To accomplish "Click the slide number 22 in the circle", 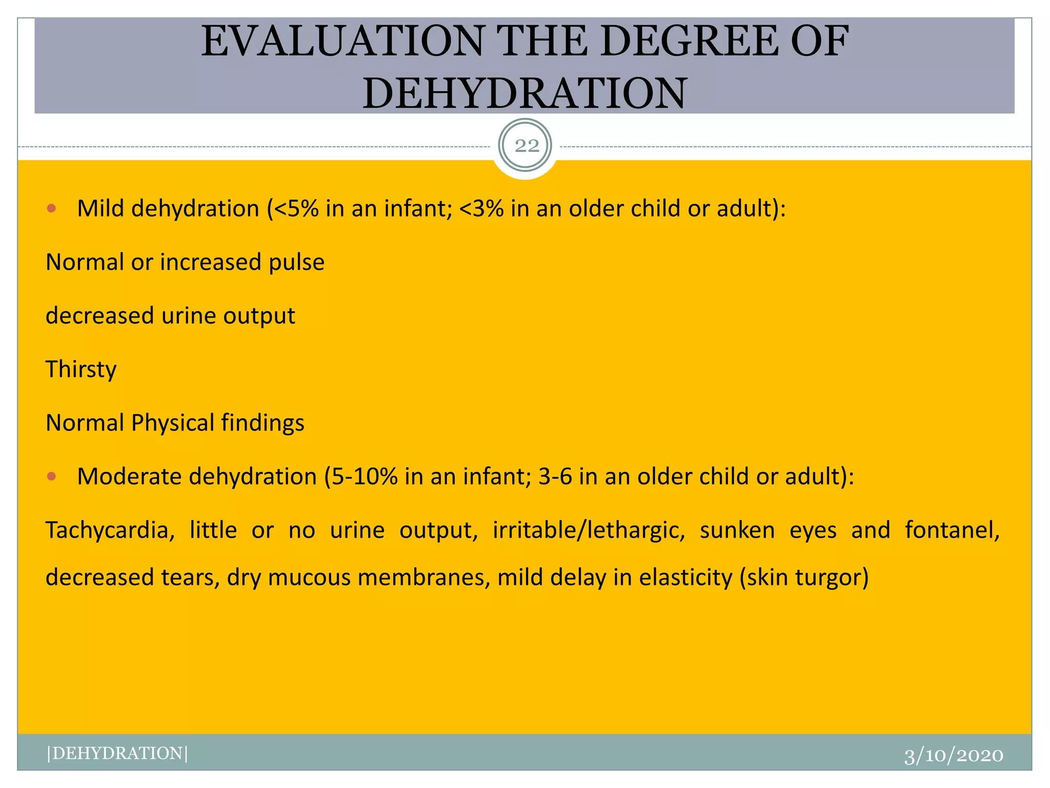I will pos(527,146).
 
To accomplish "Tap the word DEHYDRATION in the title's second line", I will pos(524,93).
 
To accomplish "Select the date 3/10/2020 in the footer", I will pos(954,755).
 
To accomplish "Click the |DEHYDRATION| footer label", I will pos(117,753).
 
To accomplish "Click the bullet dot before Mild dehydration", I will pos(51,208).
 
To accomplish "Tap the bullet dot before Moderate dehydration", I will pos(51,477).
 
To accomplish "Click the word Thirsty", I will pos(81,369).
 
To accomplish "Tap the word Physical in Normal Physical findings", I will pos(172,423).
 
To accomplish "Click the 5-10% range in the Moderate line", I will pos(365,477).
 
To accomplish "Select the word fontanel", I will pos(952,530).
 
